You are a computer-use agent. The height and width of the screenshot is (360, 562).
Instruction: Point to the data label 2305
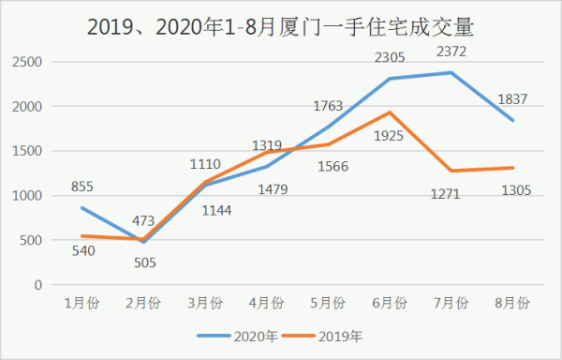[390, 58]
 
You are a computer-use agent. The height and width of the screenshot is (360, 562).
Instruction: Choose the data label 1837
[511, 99]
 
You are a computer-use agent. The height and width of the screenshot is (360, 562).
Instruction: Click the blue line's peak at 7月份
[451, 73]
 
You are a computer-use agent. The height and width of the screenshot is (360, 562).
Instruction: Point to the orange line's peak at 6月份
[390, 112]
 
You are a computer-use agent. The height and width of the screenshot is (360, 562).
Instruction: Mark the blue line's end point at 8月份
[511, 121]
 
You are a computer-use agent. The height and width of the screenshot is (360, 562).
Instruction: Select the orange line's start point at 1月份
[83, 236]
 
